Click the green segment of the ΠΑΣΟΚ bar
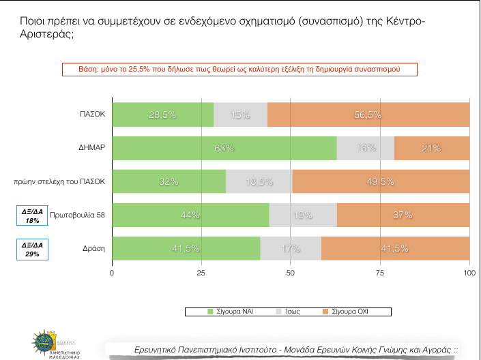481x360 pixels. (x=162, y=115)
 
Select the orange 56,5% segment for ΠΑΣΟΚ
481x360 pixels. (x=368, y=115)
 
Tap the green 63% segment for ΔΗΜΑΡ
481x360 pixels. (x=224, y=148)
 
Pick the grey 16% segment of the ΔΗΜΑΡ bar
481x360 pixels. (x=365, y=148)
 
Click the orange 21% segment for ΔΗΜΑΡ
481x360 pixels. (x=432, y=148)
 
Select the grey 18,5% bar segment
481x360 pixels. (x=259, y=181)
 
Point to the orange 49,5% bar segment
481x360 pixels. (x=381, y=181)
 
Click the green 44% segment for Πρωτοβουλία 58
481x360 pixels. (x=190, y=215)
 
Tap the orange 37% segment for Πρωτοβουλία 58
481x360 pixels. (x=403, y=215)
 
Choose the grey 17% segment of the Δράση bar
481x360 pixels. (x=291, y=249)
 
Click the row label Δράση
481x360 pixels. (x=93, y=249)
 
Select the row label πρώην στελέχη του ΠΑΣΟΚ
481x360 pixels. (x=59, y=181)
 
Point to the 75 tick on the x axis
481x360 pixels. (x=380, y=273)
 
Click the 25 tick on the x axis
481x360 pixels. (x=201, y=273)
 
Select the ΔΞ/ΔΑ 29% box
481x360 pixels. (x=32, y=249)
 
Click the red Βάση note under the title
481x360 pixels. (x=239, y=70)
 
